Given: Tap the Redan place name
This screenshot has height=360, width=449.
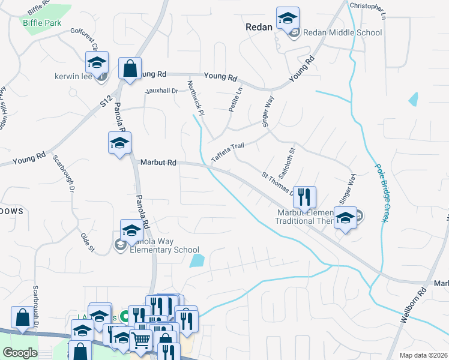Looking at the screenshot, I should pyautogui.click(x=259, y=27).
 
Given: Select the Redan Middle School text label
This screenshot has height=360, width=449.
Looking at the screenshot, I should pyautogui.click(x=342, y=32).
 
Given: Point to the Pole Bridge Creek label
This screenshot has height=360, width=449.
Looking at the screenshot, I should pyautogui.click(x=379, y=193).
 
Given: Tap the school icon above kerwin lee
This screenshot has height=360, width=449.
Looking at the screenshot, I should pyautogui.click(x=97, y=63).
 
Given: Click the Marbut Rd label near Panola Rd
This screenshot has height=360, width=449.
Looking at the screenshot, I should pyautogui.click(x=158, y=162).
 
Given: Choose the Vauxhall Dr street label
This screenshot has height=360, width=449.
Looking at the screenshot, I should pyautogui.click(x=162, y=91).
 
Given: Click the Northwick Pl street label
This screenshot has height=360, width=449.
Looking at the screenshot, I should pyautogui.click(x=196, y=98).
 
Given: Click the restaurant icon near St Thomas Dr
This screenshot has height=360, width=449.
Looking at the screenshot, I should pyautogui.click(x=305, y=196).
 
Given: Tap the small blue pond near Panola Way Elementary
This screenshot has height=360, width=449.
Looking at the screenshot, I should pyautogui.click(x=196, y=261).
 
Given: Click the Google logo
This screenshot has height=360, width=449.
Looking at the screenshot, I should pyautogui.click(x=20, y=352).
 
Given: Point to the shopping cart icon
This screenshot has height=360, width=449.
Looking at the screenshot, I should pyautogui.click(x=140, y=340).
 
